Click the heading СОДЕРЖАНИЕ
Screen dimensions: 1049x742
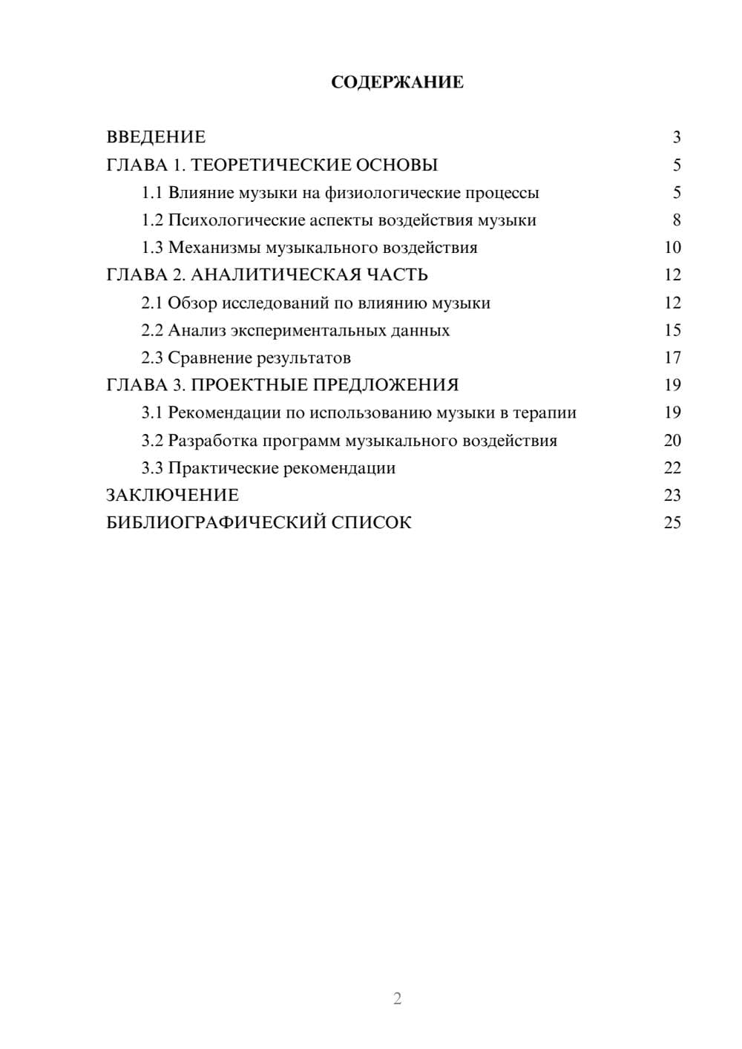pyautogui.click(x=397, y=82)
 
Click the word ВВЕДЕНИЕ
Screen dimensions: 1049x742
pyautogui.click(x=156, y=137)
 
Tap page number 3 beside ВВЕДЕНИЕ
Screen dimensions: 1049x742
pyautogui.click(x=676, y=137)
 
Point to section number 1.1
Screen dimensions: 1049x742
pyautogui.click(x=152, y=193)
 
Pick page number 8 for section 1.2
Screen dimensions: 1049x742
pyautogui.click(x=676, y=220)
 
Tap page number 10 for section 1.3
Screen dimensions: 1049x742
pyautogui.click(x=672, y=248)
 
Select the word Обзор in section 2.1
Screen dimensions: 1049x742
pyautogui.click(x=192, y=303)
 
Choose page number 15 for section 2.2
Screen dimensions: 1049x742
pyautogui.click(x=672, y=330)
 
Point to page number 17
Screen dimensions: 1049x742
pyautogui.click(x=672, y=358)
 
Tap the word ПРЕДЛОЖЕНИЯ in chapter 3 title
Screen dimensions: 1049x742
pyautogui.click(x=390, y=385)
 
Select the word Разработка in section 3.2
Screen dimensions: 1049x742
pyautogui.click(x=213, y=441)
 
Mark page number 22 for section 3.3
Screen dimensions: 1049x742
pyautogui.click(x=672, y=468)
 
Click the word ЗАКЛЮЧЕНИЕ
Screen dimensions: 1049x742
pyautogui.click(x=172, y=496)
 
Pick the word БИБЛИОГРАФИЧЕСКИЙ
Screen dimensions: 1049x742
pyautogui.click(x=216, y=523)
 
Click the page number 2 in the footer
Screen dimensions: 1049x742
pyautogui.click(x=397, y=999)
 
